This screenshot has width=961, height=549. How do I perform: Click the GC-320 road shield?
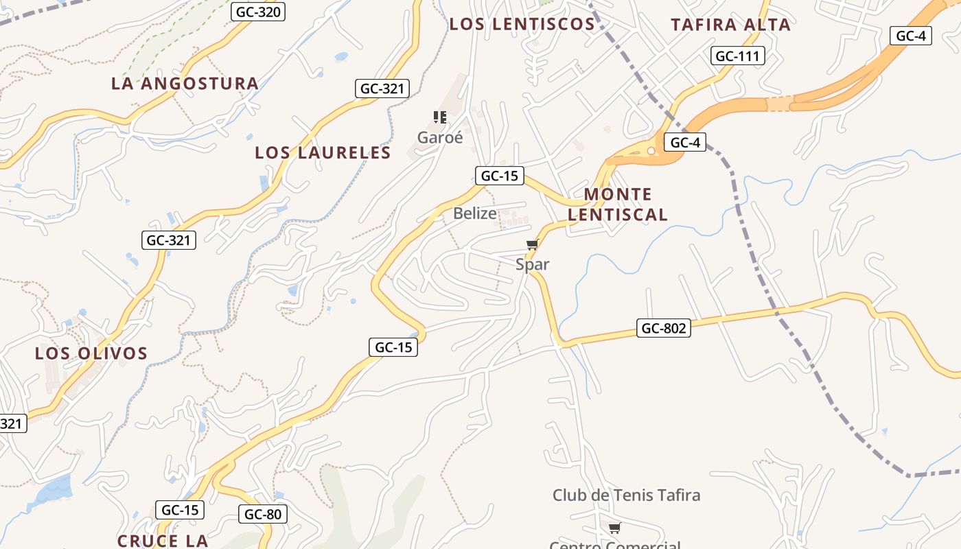point(258,12)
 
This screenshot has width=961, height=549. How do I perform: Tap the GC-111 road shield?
point(738,56)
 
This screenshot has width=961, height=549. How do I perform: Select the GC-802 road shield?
point(663,328)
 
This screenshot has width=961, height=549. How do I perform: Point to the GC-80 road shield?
point(263,514)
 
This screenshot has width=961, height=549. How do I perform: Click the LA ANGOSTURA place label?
point(185,84)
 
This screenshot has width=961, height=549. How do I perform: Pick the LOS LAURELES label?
point(323,152)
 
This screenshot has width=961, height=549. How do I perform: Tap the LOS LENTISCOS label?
point(522,24)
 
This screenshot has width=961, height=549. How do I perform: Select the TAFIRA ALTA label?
point(730,25)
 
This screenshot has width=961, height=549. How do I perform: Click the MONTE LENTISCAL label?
point(618,205)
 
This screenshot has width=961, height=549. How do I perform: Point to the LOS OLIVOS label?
point(91,353)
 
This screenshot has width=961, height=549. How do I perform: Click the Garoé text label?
point(440,137)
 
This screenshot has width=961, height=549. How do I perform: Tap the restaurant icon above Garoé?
point(440,117)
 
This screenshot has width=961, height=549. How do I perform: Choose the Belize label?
point(474,213)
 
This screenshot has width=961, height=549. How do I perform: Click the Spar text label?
point(533,264)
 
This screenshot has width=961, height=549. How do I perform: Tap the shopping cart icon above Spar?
point(532,245)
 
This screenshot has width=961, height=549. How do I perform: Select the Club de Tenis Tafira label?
point(626,495)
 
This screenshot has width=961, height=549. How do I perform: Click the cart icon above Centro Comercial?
point(614,528)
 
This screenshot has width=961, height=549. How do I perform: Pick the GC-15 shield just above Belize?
point(499,176)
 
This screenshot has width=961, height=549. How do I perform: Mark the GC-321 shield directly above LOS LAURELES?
point(382,89)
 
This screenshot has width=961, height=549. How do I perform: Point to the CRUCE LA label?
point(163,541)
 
